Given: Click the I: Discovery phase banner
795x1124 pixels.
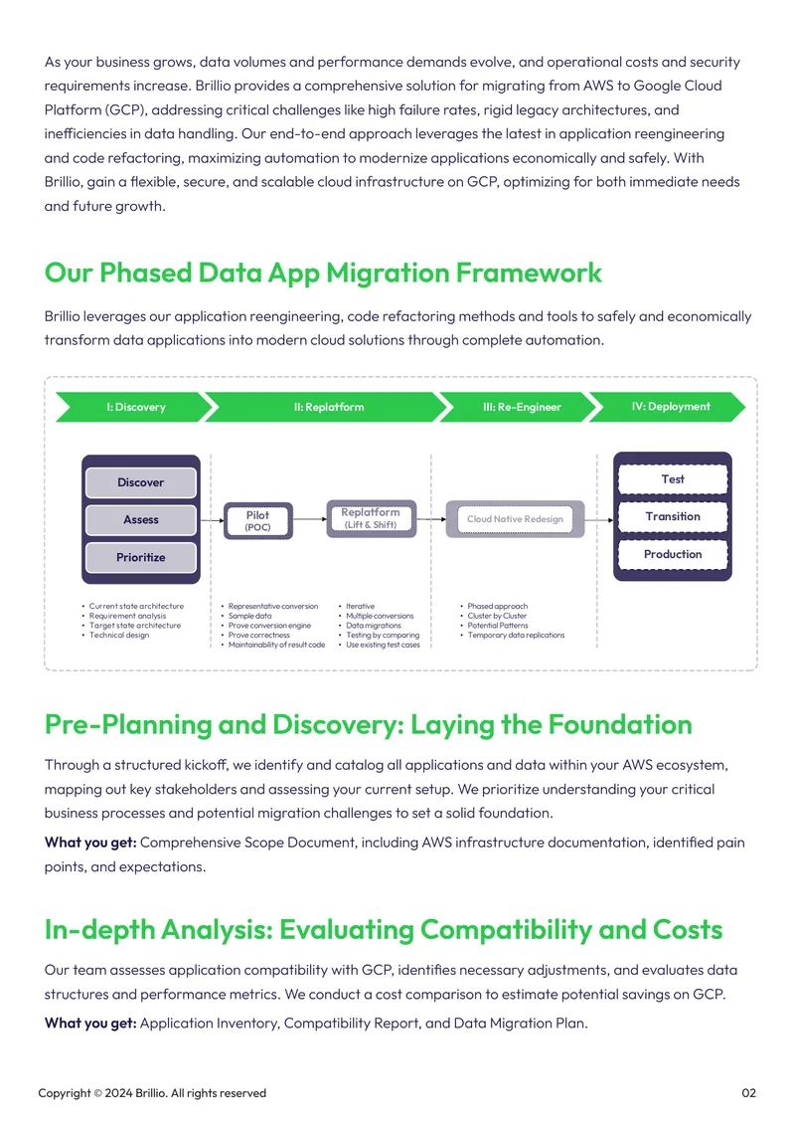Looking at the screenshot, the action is pyautogui.click(x=136, y=407).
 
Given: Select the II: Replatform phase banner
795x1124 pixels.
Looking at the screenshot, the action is pyautogui.click(x=329, y=407).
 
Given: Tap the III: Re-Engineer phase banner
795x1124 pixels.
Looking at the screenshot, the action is pyautogui.click(x=522, y=407).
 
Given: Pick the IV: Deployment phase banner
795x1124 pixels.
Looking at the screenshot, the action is pyautogui.click(x=671, y=407).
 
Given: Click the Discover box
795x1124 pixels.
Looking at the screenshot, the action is pyautogui.click(x=140, y=482).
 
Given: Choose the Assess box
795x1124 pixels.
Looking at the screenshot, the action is pyautogui.click(x=140, y=519).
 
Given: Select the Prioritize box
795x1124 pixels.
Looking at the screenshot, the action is pyautogui.click(x=140, y=557).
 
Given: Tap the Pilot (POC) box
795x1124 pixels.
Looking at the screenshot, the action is pyautogui.click(x=257, y=520).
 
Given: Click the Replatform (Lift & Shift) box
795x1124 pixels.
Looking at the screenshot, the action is pyautogui.click(x=371, y=518).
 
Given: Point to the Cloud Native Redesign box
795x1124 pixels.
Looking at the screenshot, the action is pyautogui.click(x=515, y=519).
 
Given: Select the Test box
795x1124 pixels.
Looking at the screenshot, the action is pyautogui.click(x=673, y=478).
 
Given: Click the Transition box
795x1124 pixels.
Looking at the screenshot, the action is pyautogui.click(x=673, y=516).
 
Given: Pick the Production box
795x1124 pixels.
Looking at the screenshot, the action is pyautogui.click(x=673, y=554).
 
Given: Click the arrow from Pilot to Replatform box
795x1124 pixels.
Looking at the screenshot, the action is pyautogui.click(x=310, y=519).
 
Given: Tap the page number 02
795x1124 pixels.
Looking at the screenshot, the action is pyautogui.click(x=748, y=1093).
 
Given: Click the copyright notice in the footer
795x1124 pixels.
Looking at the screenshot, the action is pyautogui.click(x=152, y=1093).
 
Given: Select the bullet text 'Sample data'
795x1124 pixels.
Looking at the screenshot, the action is pyautogui.click(x=250, y=616).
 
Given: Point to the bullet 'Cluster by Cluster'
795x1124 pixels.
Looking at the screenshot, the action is pyautogui.click(x=497, y=616).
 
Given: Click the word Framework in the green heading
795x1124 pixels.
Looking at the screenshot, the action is pyautogui.click(x=529, y=274).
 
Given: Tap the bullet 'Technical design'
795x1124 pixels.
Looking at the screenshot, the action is pyautogui.click(x=119, y=636).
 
